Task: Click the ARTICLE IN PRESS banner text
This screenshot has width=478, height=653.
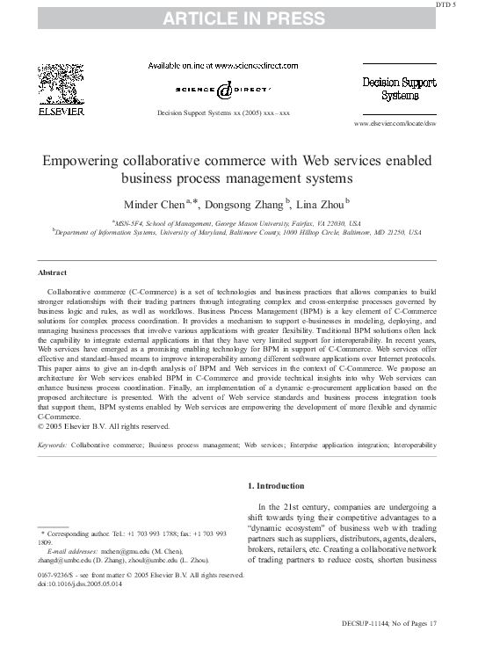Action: tap(238, 17)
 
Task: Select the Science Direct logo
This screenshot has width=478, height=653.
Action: tap(223, 89)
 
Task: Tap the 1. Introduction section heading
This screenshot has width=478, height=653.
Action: tap(276, 486)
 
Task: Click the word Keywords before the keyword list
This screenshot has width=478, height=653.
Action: tap(53, 446)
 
